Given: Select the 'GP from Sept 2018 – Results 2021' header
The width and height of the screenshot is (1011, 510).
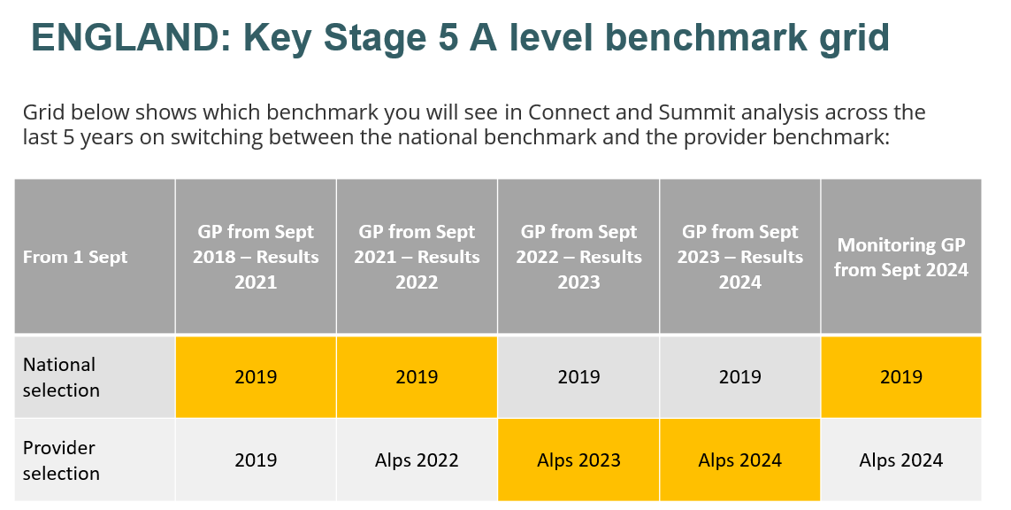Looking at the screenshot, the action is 256,257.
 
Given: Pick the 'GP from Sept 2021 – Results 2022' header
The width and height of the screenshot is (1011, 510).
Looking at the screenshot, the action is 417,257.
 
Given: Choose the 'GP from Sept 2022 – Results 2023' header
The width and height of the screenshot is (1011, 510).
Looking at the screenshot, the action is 579,257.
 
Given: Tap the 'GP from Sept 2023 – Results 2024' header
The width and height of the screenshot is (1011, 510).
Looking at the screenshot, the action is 740,257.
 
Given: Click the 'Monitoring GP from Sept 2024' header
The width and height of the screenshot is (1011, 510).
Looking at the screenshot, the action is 901,257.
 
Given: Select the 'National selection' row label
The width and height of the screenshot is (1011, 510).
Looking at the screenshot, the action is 61,377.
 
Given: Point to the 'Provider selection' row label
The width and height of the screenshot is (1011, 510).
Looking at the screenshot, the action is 61,460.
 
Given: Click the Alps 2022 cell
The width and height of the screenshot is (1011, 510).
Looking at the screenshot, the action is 417,460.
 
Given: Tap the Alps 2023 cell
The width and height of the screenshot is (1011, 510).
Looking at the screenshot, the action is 579,460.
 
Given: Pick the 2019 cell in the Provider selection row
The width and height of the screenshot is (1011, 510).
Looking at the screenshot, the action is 256,460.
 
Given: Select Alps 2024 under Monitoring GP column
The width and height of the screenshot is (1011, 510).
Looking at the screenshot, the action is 901,460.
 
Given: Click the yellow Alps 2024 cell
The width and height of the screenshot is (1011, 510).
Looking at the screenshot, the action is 740,460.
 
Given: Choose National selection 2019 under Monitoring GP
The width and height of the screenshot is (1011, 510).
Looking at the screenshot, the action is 901,377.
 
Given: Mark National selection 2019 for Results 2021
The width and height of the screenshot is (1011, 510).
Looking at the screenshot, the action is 256,377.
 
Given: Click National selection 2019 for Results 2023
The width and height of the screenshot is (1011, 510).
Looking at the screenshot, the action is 579,377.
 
